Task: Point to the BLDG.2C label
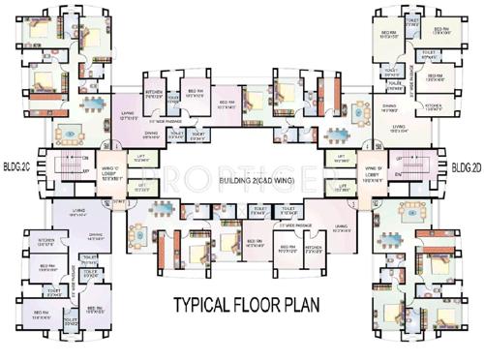pyautogui.click(x=16, y=164)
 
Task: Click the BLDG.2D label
pyautogui.click(x=466, y=167)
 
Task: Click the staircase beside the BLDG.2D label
pyautogui.click(x=413, y=172)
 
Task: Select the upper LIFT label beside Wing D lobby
pyautogui.click(x=340, y=160)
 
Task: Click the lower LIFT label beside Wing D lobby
pyautogui.click(x=340, y=188)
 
